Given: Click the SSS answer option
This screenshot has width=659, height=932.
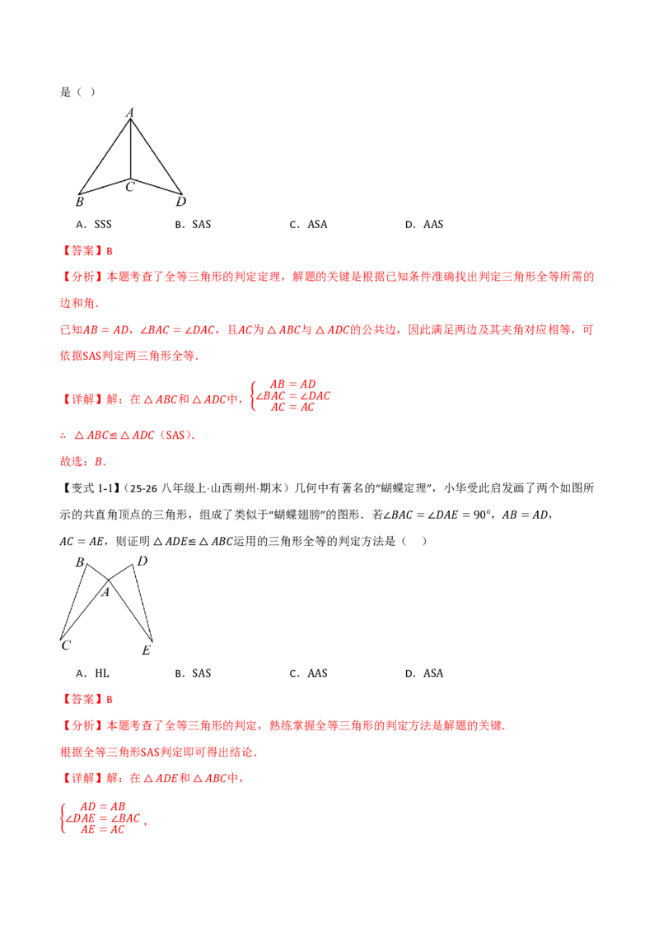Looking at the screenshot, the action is coord(94,224).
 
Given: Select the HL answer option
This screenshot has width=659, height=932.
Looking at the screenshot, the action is coord(93,673).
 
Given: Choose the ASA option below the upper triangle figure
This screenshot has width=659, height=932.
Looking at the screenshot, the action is coord(308,224).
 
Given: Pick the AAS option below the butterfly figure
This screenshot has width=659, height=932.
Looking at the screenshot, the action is coord(308,673).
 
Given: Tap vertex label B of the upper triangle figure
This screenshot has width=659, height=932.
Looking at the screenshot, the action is coord(80,202).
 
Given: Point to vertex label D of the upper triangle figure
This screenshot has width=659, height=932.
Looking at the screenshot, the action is coord(180,202).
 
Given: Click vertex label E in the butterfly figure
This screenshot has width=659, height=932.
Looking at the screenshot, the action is coord(147,650).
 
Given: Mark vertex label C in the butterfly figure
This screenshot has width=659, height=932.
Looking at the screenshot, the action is coord(66,645).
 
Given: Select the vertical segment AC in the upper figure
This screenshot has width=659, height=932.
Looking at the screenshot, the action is coord(130,149).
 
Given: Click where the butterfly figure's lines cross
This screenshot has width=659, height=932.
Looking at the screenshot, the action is coord(108,580).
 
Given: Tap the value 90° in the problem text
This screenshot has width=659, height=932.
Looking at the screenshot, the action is coord(480,515).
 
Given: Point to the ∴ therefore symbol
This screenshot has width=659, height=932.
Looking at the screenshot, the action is coord(63,436).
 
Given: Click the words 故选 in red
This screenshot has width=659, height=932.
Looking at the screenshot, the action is coord(71,461).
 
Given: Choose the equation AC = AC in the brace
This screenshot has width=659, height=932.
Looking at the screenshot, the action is coord(292,408).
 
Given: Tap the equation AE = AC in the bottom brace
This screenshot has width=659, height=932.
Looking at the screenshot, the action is coord(103,829).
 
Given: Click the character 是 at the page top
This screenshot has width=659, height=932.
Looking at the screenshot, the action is coord(65,91).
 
